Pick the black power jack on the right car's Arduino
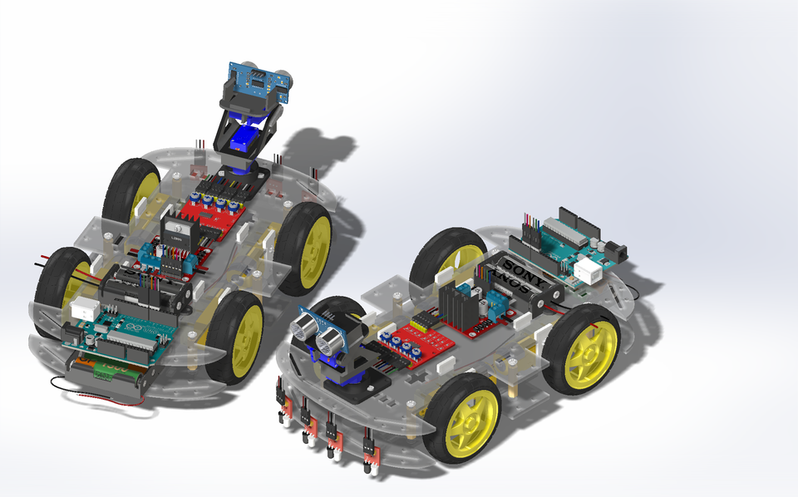click(616, 246)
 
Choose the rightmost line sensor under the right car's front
click(370, 453)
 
